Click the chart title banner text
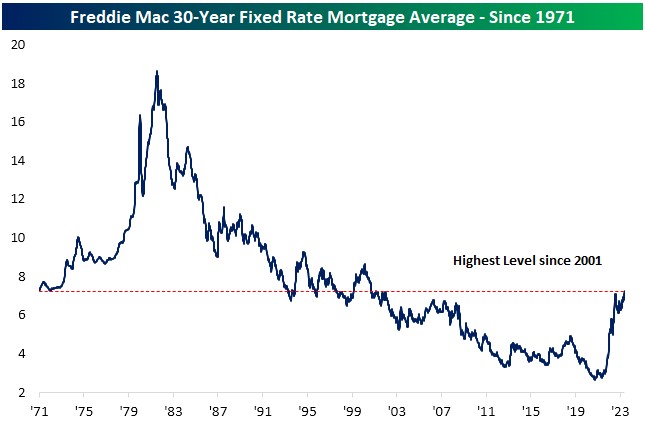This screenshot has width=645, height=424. pyautogui.click(x=322, y=15)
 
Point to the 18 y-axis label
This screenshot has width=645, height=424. pyautogui.click(x=17, y=84)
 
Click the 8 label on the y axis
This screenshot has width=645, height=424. pyautogui.click(x=20, y=277)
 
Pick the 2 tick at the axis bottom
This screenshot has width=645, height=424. pyautogui.click(x=20, y=392)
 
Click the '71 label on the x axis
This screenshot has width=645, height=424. pyautogui.click(x=41, y=410)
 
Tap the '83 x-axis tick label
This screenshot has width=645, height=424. pyautogui.click(x=173, y=410)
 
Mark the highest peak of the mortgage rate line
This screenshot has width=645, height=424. pyautogui.click(x=157, y=72)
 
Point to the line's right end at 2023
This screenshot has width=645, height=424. pyautogui.click(x=624, y=292)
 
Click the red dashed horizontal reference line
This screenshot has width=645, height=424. pyautogui.click(x=250, y=292)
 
